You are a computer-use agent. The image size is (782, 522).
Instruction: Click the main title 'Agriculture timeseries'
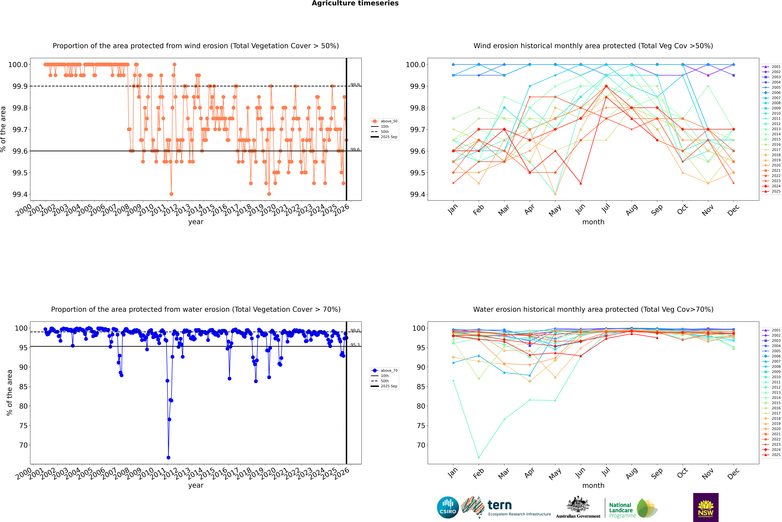355,3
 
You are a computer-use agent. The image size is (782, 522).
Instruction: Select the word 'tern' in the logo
499,505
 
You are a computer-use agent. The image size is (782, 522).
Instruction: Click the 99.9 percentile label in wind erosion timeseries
355,85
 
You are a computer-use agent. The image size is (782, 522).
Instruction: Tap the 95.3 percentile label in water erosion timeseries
355,345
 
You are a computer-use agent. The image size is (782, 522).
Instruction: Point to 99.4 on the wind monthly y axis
417,194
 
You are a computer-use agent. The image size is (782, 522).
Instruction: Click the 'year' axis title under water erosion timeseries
196,485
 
